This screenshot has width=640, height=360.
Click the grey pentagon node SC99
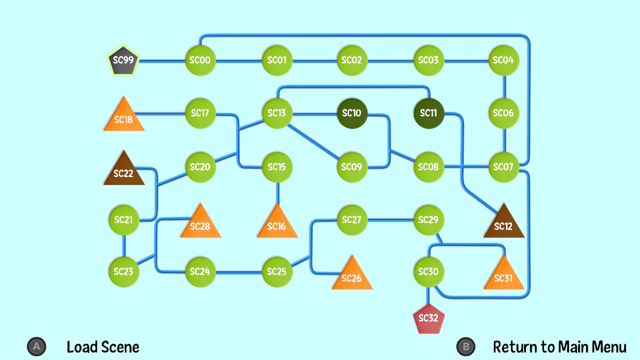123,60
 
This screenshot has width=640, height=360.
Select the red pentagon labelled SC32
429,318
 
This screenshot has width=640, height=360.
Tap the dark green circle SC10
352,114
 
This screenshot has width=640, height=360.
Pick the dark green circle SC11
429,114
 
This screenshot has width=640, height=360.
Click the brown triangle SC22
124,171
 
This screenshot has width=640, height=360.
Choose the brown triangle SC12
503,223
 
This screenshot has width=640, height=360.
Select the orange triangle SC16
277,223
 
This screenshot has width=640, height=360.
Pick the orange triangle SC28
201,223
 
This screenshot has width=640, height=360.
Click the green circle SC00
201,60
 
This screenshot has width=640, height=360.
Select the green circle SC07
503,167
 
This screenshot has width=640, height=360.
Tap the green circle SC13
277,114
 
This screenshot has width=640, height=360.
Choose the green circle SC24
201,271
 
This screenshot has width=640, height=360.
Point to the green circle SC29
429,220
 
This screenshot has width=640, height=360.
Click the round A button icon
37,347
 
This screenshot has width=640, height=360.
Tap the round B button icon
466,347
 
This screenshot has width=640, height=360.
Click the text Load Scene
103,347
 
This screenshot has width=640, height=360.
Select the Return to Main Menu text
559,347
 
